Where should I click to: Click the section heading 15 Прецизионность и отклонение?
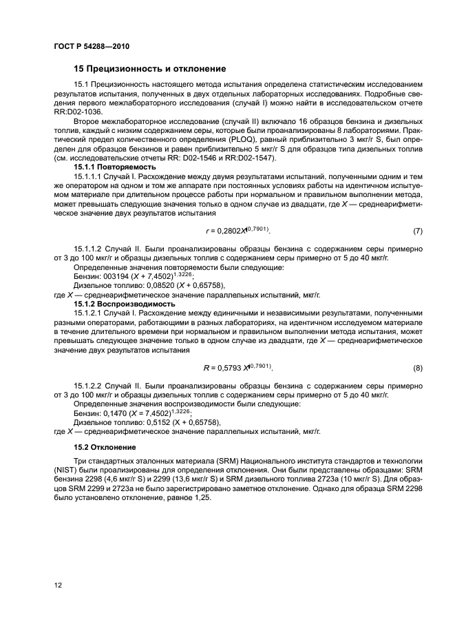coord(149,69)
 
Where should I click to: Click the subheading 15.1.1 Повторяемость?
coord(114,167)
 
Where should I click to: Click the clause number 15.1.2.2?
coord(90,387)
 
